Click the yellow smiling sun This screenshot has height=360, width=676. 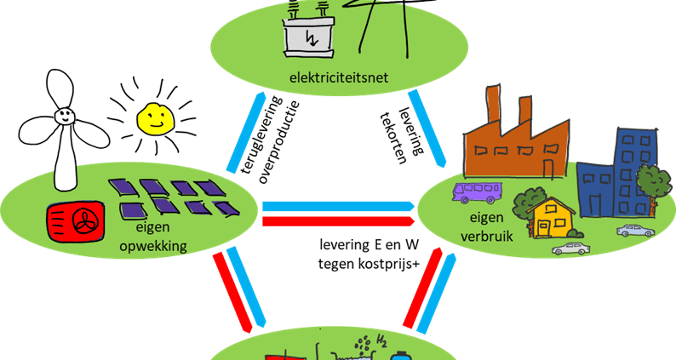pos(156,118)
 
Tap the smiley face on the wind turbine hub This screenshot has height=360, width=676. pos(64,115)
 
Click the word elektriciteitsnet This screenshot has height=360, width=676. pos(339,78)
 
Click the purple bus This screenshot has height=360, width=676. pos(477,192)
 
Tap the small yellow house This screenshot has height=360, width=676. pos(551,217)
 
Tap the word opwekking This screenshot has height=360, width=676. pos(153,246)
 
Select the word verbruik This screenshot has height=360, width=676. pos(486,236)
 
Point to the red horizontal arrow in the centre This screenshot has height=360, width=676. pos(339,221)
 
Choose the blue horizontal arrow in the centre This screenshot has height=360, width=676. pos(339,206)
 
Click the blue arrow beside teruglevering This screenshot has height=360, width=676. pos(247,133)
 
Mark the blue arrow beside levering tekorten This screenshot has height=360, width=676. pos(427,129)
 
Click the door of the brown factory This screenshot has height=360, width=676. pos(547,169)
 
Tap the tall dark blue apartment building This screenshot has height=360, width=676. pos(636,173)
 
